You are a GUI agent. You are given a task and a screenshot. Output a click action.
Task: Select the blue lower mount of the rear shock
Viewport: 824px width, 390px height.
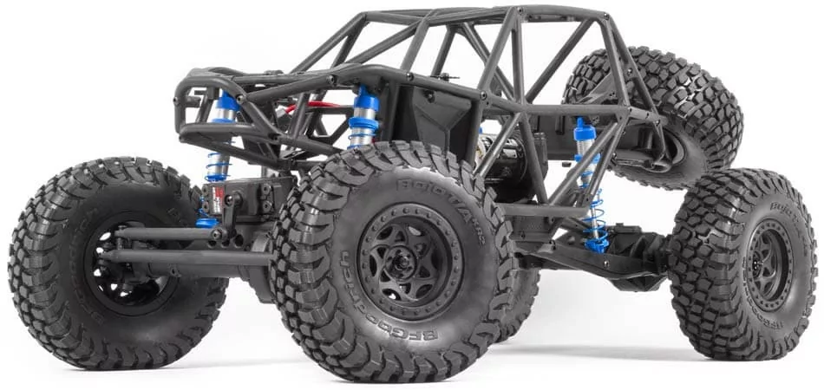pyautogui.click(x=597, y=245)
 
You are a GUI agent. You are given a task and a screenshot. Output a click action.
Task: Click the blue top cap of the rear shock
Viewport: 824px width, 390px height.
pyautogui.click(x=584, y=130)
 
